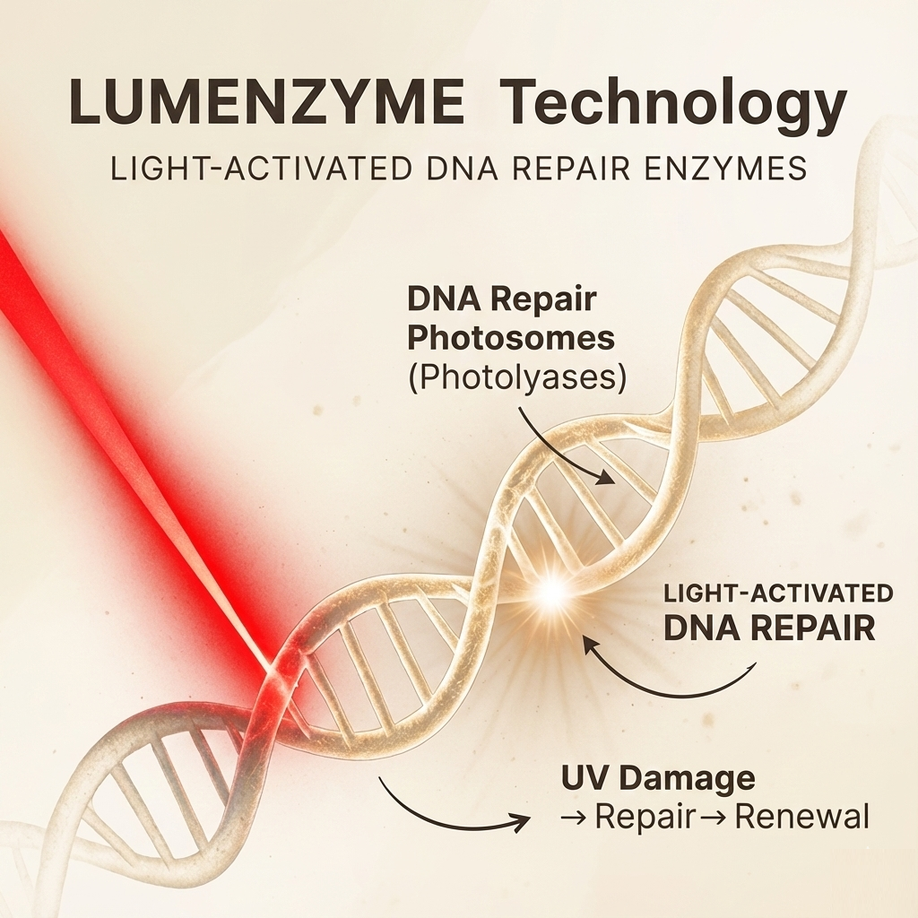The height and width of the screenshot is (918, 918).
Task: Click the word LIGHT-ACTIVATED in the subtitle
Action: point(261,169)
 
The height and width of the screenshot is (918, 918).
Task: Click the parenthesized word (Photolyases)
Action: point(517,377)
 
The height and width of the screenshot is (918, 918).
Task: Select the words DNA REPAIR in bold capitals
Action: point(769,628)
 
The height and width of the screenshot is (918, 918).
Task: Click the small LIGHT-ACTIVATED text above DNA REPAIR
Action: point(778,593)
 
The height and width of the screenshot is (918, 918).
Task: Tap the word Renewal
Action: point(801,817)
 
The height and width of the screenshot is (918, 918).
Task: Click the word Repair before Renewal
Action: point(646,818)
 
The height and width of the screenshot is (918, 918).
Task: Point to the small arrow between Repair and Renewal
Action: point(715,818)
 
